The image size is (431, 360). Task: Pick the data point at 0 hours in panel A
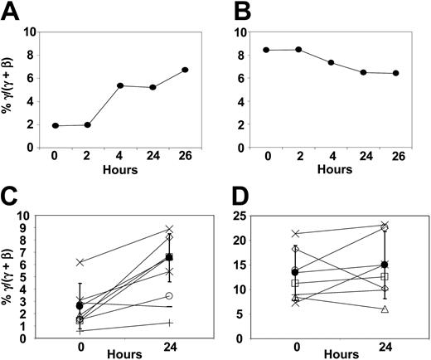(56, 125)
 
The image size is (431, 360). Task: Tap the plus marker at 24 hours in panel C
(169, 323)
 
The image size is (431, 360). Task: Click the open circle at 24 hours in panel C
(169, 296)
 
